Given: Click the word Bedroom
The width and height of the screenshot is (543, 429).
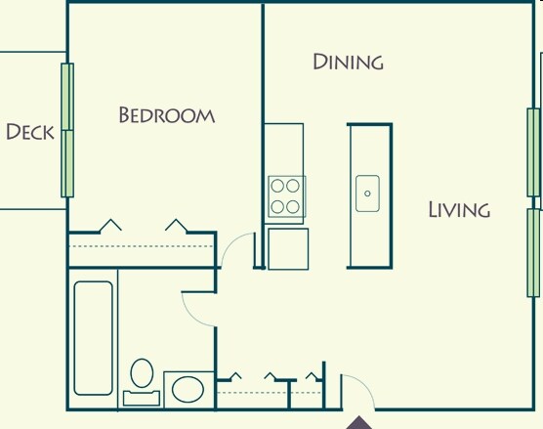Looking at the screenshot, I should tap(166, 115).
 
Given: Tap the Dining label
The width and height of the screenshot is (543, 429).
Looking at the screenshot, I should tap(348, 63).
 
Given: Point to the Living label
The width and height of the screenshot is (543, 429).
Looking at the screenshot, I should tap(458, 209).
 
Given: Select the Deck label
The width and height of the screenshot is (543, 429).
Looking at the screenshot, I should tap(29, 132).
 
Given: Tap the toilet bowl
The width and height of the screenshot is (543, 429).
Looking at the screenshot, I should tap(143, 373).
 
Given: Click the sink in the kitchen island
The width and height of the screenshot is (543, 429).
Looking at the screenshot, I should tap(367, 193).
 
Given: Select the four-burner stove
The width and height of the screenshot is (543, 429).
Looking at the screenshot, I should tap(286, 196).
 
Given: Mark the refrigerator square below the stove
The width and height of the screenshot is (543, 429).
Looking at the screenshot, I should tap(288, 247).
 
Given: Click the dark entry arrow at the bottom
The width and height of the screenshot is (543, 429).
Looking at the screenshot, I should tap(359, 422).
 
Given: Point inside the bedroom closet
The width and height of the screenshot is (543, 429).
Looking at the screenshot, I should tap(142, 250).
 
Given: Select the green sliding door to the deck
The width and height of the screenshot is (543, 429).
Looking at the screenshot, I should tap(68, 130).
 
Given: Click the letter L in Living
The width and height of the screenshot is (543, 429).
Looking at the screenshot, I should tap(434, 209).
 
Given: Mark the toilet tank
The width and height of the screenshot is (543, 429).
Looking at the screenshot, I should tap(143, 398).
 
